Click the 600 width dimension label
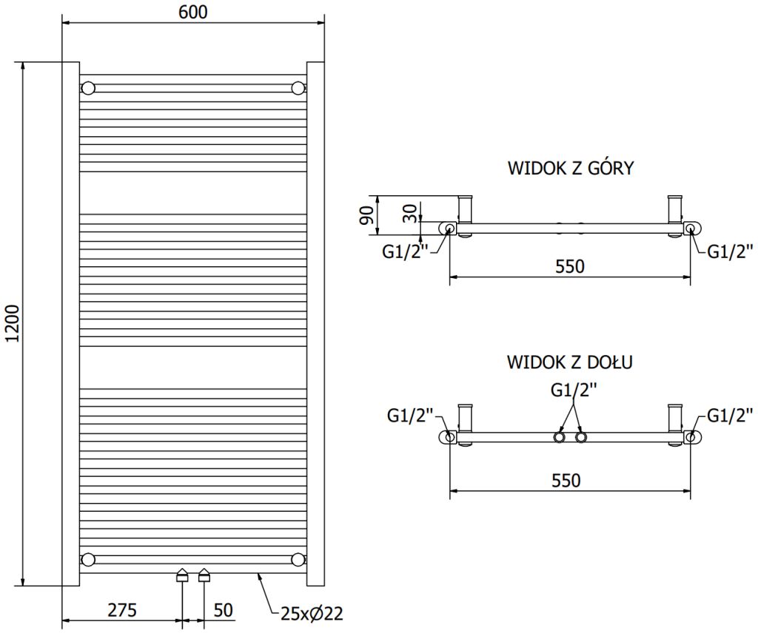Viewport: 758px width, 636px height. tap(193, 12)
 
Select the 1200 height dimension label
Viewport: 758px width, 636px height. tap(12, 324)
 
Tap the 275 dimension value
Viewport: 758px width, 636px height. tap(122, 610)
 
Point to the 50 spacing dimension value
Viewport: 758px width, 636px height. tap(223, 610)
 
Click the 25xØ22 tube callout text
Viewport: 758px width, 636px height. tap(312, 613)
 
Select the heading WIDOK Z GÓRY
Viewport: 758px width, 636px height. tap(571, 168)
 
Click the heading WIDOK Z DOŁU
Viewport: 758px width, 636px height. tap(569, 362)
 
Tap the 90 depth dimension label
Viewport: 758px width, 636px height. tap(367, 215)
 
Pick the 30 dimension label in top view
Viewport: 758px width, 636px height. tap(409, 213)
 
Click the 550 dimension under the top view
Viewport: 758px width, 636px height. tap(569, 266)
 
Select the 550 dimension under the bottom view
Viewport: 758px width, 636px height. tap(566, 480)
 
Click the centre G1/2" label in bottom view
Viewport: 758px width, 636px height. tap(574, 390)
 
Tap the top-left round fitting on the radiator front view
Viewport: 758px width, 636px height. tap(88, 88)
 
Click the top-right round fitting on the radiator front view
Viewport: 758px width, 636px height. tap(299, 88)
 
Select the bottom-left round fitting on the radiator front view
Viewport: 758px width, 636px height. tap(88, 559)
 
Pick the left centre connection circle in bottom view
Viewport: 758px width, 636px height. tap(560, 438)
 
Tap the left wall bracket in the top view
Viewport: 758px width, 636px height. tap(465, 215)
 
